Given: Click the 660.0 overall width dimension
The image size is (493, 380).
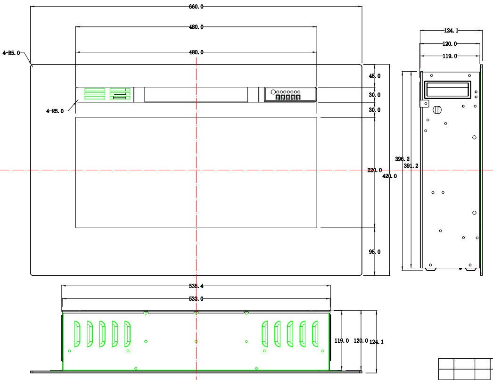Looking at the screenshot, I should (x=196, y=7).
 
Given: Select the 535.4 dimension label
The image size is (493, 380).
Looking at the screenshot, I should (x=196, y=286).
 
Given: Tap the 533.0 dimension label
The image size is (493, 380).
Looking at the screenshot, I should (x=196, y=298).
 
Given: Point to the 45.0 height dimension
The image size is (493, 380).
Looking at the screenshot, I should (x=375, y=76).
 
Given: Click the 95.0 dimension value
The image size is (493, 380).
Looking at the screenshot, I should (x=375, y=252).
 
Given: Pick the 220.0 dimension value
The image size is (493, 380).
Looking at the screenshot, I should (x=375, y=170).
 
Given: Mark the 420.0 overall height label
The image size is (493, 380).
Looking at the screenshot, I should (x=390, y=176).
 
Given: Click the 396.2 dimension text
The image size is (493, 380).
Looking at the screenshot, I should (x=402, y=159).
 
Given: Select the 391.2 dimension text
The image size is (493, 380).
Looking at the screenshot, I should (x=411, y=166).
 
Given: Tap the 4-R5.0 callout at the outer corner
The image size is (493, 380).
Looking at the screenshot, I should (x=11, y=53).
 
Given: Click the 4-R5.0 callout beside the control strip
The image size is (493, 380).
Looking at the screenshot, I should (x=55, y=111).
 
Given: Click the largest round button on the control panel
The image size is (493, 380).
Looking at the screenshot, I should (x=273, y=91).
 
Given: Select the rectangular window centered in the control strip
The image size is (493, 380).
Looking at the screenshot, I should (x=196, y=94).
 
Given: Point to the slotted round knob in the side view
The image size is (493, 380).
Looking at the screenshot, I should (x=436, y=110).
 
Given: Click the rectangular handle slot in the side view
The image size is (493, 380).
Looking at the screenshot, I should (x=448, y=89).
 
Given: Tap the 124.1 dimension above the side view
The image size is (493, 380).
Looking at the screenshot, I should (x=451, y=31).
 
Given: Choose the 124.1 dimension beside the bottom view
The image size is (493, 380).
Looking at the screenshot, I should (x=377, y=342).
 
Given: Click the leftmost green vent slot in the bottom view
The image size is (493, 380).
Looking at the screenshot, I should (x=76, y=334).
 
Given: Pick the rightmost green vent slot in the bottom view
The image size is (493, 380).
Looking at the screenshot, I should (x=315, y=334).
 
